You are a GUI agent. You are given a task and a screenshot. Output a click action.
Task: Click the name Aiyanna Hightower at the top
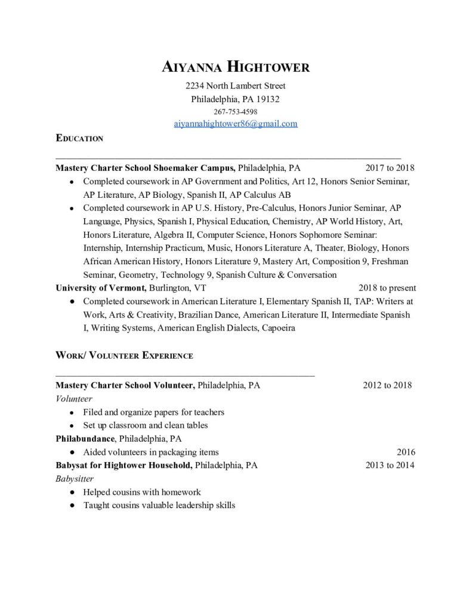tap(236, 66)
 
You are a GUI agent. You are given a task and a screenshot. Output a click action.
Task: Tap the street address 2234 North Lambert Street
tap(236, 85)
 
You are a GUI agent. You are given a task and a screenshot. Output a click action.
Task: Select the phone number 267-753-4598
tap(236, 111)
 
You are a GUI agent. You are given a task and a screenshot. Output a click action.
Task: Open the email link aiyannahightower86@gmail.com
tap(236, 124)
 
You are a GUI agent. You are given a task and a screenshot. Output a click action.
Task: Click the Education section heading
tap(79, 139)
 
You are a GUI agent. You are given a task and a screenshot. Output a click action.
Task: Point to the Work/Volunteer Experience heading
tap(124, 356)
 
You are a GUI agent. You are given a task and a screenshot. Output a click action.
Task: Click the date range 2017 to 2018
tap(390, 168)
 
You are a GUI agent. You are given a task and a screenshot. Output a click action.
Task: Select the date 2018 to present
tap(387, 287)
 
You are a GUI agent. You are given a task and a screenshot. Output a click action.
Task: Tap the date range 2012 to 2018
tap(387, 385)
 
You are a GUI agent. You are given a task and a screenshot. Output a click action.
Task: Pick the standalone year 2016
tap(406, 452)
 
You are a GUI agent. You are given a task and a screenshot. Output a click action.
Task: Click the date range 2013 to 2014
tap(390, 465)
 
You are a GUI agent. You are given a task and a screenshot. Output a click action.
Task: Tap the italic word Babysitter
tap(75, 479)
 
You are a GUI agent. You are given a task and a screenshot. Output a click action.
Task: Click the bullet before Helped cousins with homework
tap(72, 492)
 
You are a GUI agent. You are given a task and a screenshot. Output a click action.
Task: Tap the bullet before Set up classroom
tap(72, 426)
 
